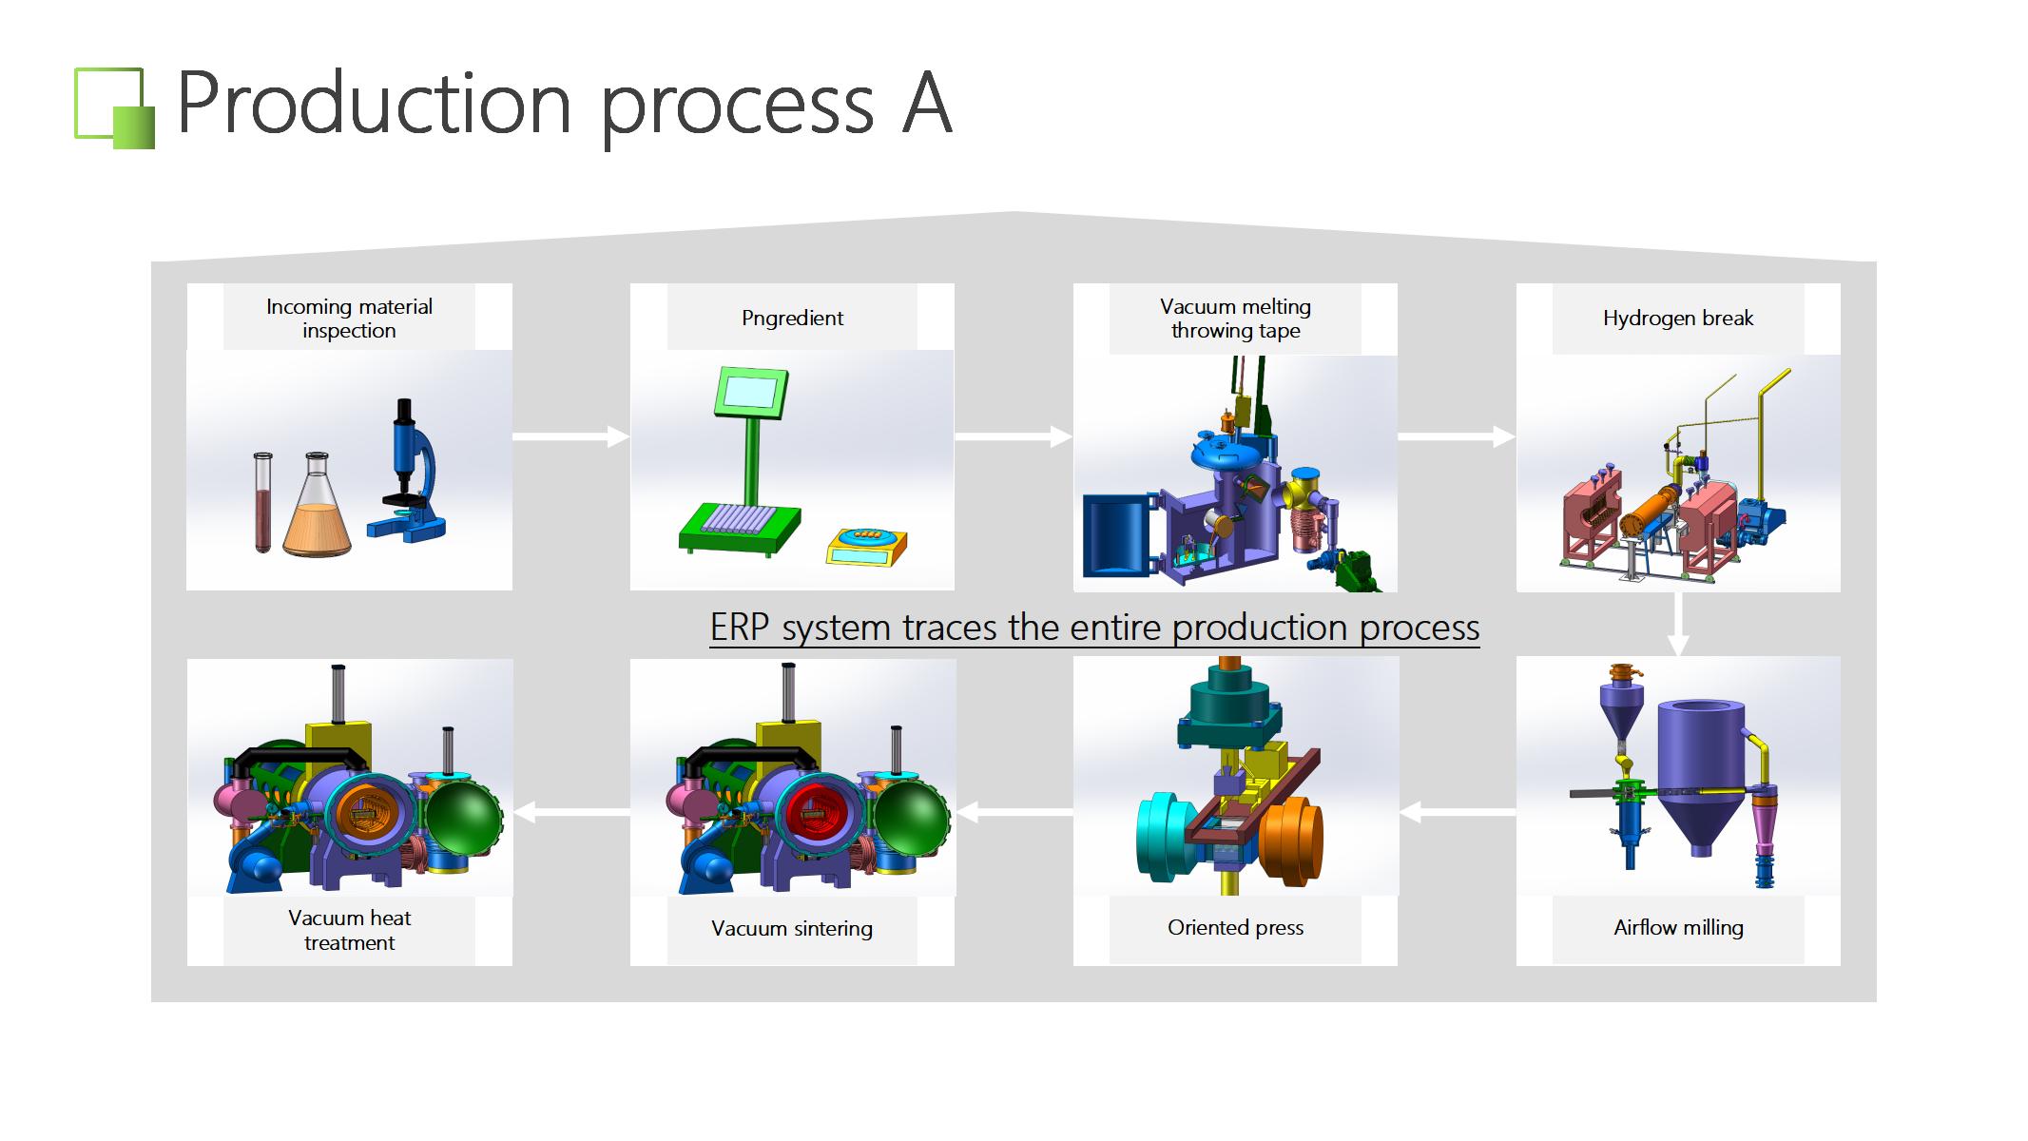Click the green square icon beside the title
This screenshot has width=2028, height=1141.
click(x=114, y=108)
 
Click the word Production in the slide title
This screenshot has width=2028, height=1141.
click(x=374, y=103)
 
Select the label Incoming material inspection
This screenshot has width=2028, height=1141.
click(x=349, y=319)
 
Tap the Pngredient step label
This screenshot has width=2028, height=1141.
click(x=792, y=319)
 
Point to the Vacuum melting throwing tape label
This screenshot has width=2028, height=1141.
click(x=1235, y=319)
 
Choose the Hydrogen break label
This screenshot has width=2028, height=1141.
click(x=1678, y=319)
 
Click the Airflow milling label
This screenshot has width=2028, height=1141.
click(x=1678, y=928)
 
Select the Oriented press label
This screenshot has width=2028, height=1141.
click(x=1235, y=928)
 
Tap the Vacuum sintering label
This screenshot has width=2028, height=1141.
click(x=792, y=929)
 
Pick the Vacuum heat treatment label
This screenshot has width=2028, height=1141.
click(x=349, y=930)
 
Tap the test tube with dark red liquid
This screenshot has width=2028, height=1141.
click(x=262, y=502)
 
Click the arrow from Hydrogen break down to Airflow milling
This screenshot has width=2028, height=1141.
click(x=1678, y=624)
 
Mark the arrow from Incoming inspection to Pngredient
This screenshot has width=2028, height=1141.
click(x=570, y=436)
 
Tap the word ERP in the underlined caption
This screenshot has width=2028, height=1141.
click(x=741, y=628)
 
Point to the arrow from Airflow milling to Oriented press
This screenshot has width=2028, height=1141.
click(x=1458, y=812)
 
